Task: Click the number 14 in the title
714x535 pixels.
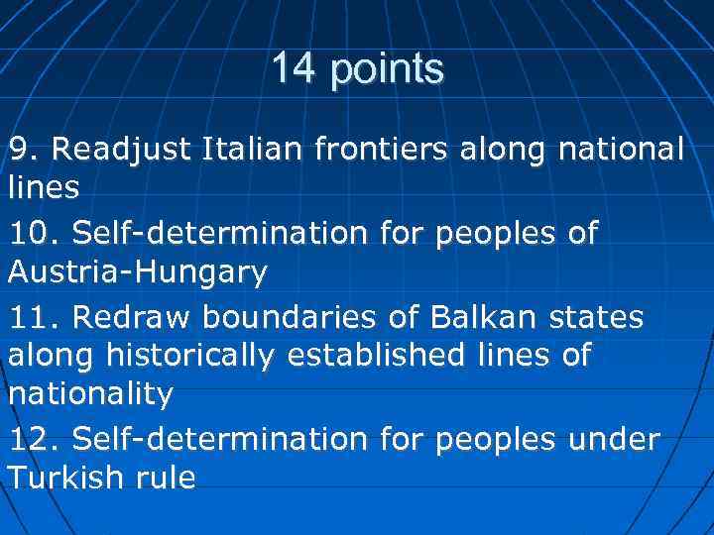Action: [293, 69]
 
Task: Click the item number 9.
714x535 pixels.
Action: [23, 151]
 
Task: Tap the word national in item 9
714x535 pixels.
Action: [622, 151]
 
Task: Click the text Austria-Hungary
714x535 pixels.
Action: [138, 272]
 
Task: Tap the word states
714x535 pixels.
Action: [594, 319]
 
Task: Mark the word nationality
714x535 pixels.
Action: [90, 394]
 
